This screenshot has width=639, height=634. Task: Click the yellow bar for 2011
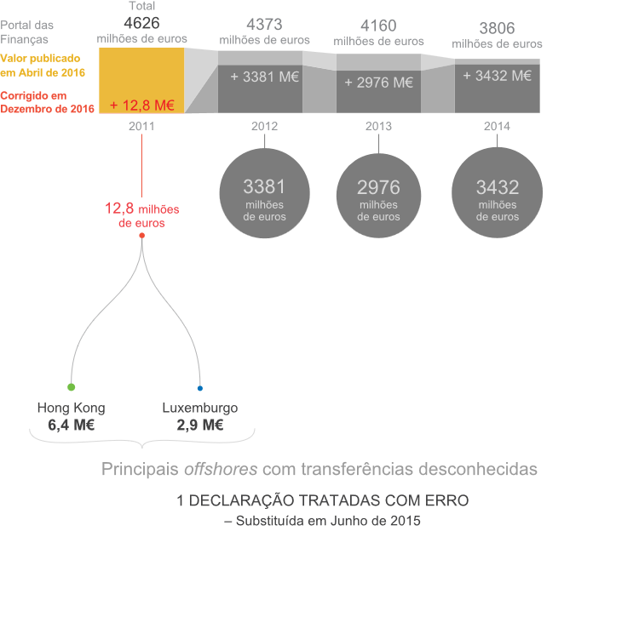pyautogui.click(x=141, y=80)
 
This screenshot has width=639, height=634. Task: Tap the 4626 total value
pyautogui.click(x=141, y=23)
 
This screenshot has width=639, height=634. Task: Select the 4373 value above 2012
pyautogui.click(x=264, y=25)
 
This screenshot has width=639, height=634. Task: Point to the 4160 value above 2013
pyautogui.click(x=378, y=26)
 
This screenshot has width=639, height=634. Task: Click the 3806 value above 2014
pyautogui.click(x=497, y=28)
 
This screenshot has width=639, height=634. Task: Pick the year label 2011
pyautogui.click(x=141, y=126)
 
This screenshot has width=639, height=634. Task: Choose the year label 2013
pyautogui.click(x=378, y=126)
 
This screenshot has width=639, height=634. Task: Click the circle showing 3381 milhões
pyautogui.click(x=264, y=193)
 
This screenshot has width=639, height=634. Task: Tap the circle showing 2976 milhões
pyautogui.click(x=378, y=196)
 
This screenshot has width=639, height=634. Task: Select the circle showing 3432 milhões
pyautogui.click(x=498, y=192)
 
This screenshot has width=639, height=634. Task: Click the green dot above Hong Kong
pyautogui.click(x=72, y=387)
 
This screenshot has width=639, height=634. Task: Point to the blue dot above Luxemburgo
pyautogui.click(x=200, y=388)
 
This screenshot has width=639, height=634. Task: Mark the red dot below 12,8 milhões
pyautogui.click(x=141, y=236)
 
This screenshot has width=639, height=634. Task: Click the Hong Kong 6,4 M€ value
pyautogui.click(x=72, y=426)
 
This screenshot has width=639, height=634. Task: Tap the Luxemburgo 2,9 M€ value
pyautogui.click(x=200, y=426)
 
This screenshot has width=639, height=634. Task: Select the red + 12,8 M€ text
pyautogui.click(x=142, y=106)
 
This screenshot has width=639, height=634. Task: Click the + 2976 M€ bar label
pyautogui.click(x=378, y=83)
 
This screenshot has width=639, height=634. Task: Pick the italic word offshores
pyautogui.click(x=221, y=469)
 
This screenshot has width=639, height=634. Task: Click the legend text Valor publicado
pyautogui.click(x=40, y=59)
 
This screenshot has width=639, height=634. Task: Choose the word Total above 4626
pyautogui.click(x=141, y=6)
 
